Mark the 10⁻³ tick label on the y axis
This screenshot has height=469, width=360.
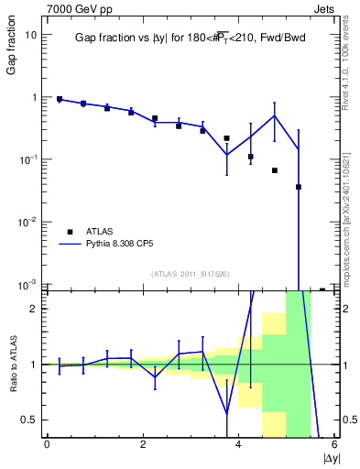27,285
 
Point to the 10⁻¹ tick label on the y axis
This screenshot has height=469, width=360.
27,159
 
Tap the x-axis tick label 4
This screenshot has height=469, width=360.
238,445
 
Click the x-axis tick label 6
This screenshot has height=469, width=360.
334,445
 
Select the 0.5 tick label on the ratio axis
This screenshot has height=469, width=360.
27,420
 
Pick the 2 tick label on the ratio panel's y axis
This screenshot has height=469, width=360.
32,309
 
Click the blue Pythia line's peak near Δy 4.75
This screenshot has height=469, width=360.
275,115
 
